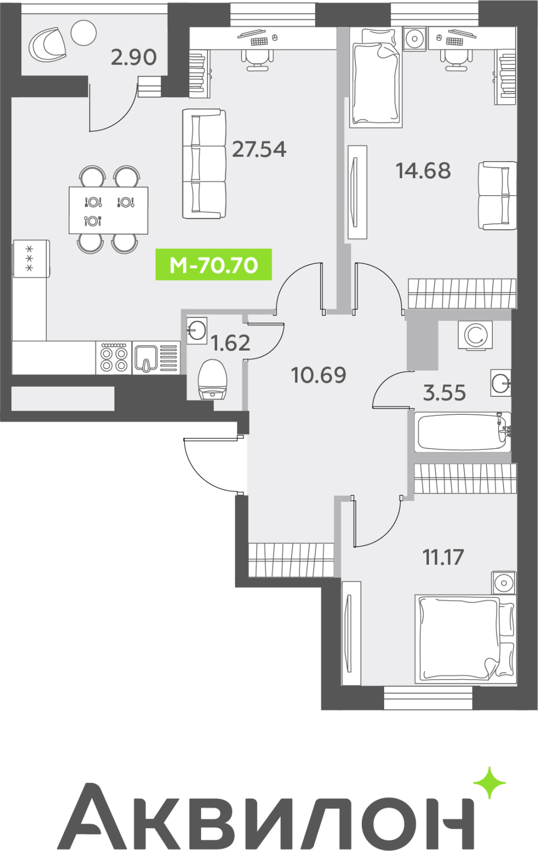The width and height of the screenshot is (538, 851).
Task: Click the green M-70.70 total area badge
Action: click(213, 264)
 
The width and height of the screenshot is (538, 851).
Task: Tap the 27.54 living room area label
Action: click(259, 149)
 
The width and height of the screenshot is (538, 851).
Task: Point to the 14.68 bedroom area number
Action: click(423, 171)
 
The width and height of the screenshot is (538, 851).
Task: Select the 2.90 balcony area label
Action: click(134, 57)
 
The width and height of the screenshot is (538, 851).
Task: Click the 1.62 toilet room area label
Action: click(230, 343)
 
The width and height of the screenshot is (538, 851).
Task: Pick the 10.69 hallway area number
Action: click(319, 375)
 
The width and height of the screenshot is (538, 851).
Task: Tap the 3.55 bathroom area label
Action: click(444, 393)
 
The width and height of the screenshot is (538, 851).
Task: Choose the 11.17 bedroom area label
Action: click(443, 557)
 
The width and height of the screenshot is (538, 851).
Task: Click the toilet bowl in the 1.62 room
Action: click(212, 380)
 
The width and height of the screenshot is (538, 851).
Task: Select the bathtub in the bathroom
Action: click(462, 432)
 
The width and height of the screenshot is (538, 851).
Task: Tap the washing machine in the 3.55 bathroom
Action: click(475, 335)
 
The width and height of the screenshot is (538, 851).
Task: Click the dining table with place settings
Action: click(109, 210)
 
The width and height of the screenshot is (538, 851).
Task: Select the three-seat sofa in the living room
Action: click(204, 164)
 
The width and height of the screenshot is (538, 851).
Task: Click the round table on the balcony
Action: click(84, 32)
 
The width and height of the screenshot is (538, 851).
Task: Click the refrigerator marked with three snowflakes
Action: click(31, 258)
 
